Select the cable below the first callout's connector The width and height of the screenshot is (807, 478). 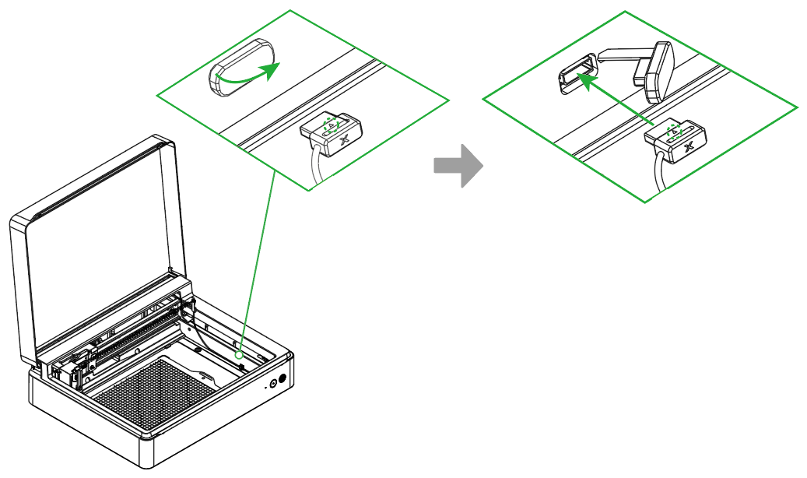pyautogui.click(x=315, y=167)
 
